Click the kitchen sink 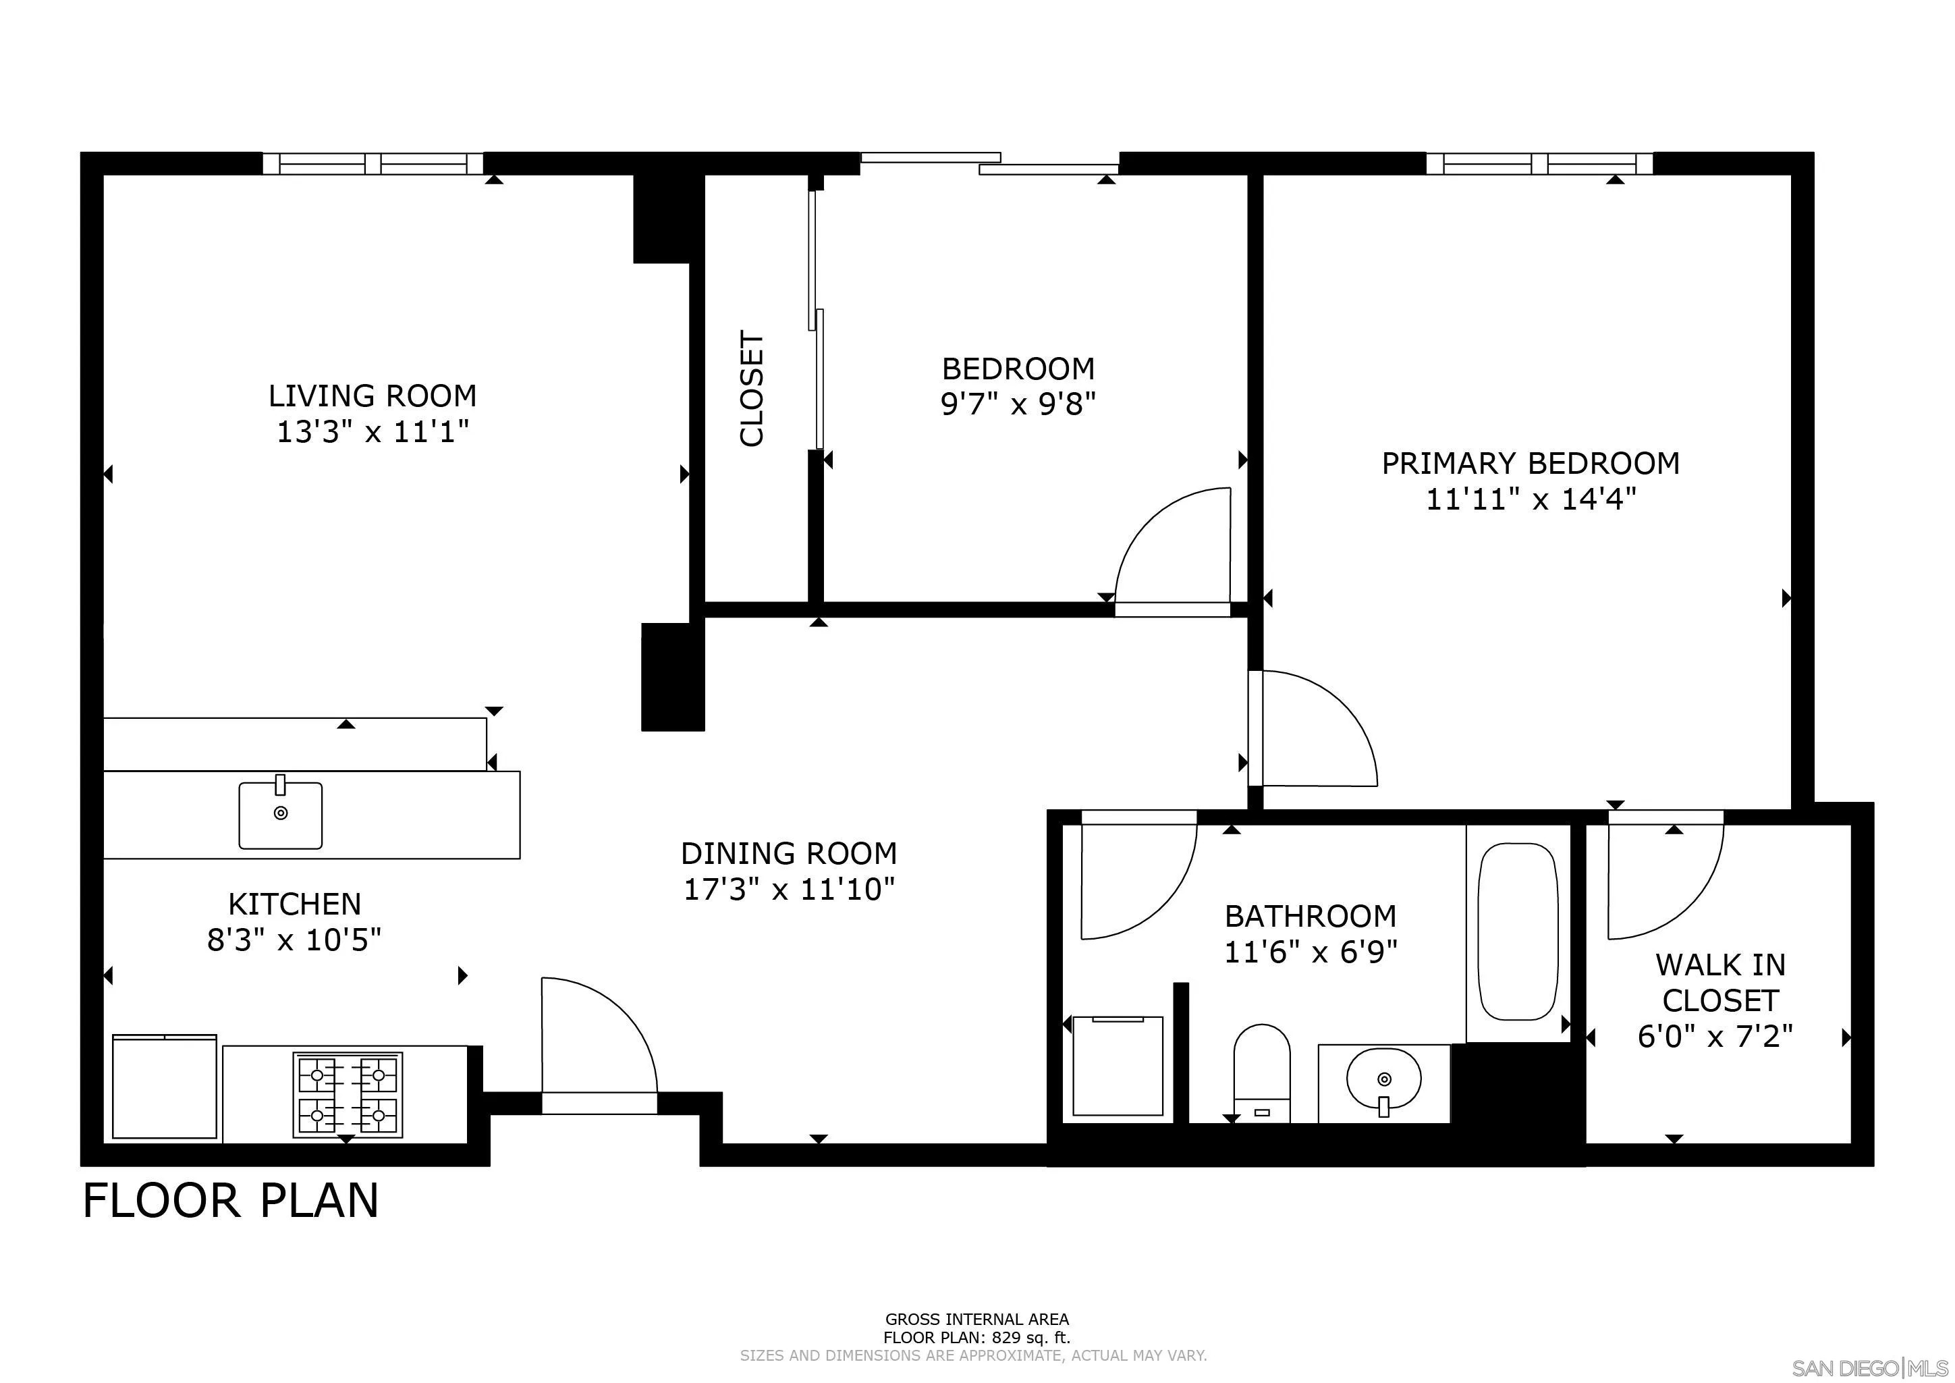(280, 814)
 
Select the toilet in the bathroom (1262, 1073)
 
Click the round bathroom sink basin (1383, 1079)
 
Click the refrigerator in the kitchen (165, 1087)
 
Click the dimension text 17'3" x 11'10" (790, 890)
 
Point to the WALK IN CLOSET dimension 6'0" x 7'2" (1715, 1036)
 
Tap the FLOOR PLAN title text (231, 1201)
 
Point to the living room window (373, 163)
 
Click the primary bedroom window (1539, 163)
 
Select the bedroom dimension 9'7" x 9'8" (1018, 404)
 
